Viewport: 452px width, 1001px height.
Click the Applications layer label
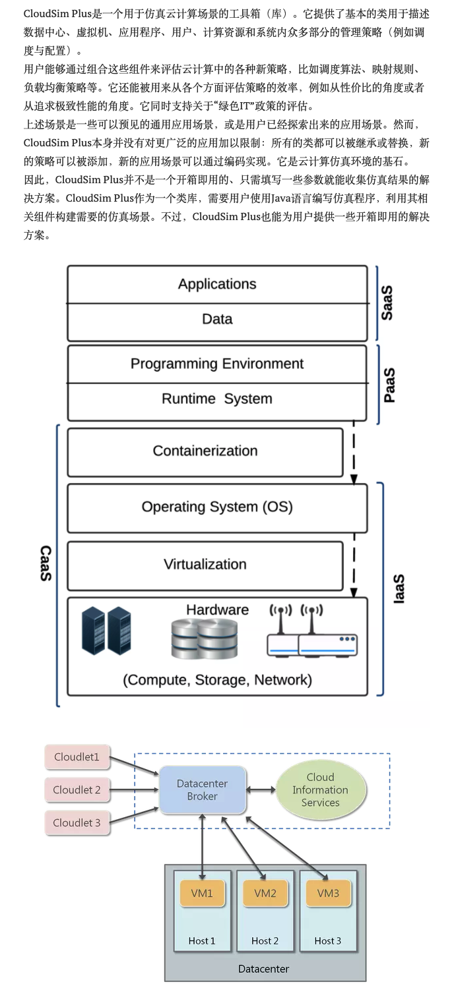pyautogui.click(x=217, y=284)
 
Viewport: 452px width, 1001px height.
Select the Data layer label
pyautogui.click(x=217, y=319)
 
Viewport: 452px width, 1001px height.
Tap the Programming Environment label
pyautogui.click(x=217, y=364)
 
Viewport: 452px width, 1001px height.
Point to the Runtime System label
pyautogui.click(x=217, y=399)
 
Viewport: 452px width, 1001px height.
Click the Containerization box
pyautogui.click(x=205, y=451)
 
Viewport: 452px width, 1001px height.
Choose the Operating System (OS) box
pyautogui.click(x=217, y=507)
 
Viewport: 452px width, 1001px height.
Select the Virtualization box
pyautogui.click(x=205, y=565)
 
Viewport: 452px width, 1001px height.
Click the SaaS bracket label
pyautogui.click(x=387, y=302)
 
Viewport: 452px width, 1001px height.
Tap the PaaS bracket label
pyautogui.click(x=390, y=385)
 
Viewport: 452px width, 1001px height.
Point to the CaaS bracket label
pyautogui.click(x=46, y=563)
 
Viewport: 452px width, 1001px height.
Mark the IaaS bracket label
pyautogui.click(x=399, y=588)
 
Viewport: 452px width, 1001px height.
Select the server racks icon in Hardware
pyautogui.click(x=106, y=631)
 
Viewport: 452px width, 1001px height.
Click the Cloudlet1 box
pyautogui.click(x=77, y=757)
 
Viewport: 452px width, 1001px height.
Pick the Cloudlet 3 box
pyautogui.click(x=77, y=822)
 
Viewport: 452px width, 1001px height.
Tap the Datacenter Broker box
pyautogui.click(x=203, y=789)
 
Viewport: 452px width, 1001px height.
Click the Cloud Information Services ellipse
pyautogui.click(x=320, y=789)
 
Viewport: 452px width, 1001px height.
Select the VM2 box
pyautogui.click(x=265, y=894)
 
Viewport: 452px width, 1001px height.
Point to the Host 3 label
pyautogui.click(x=328, y=941)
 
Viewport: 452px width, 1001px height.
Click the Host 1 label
pyautogui.click(x=202, y=941)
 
